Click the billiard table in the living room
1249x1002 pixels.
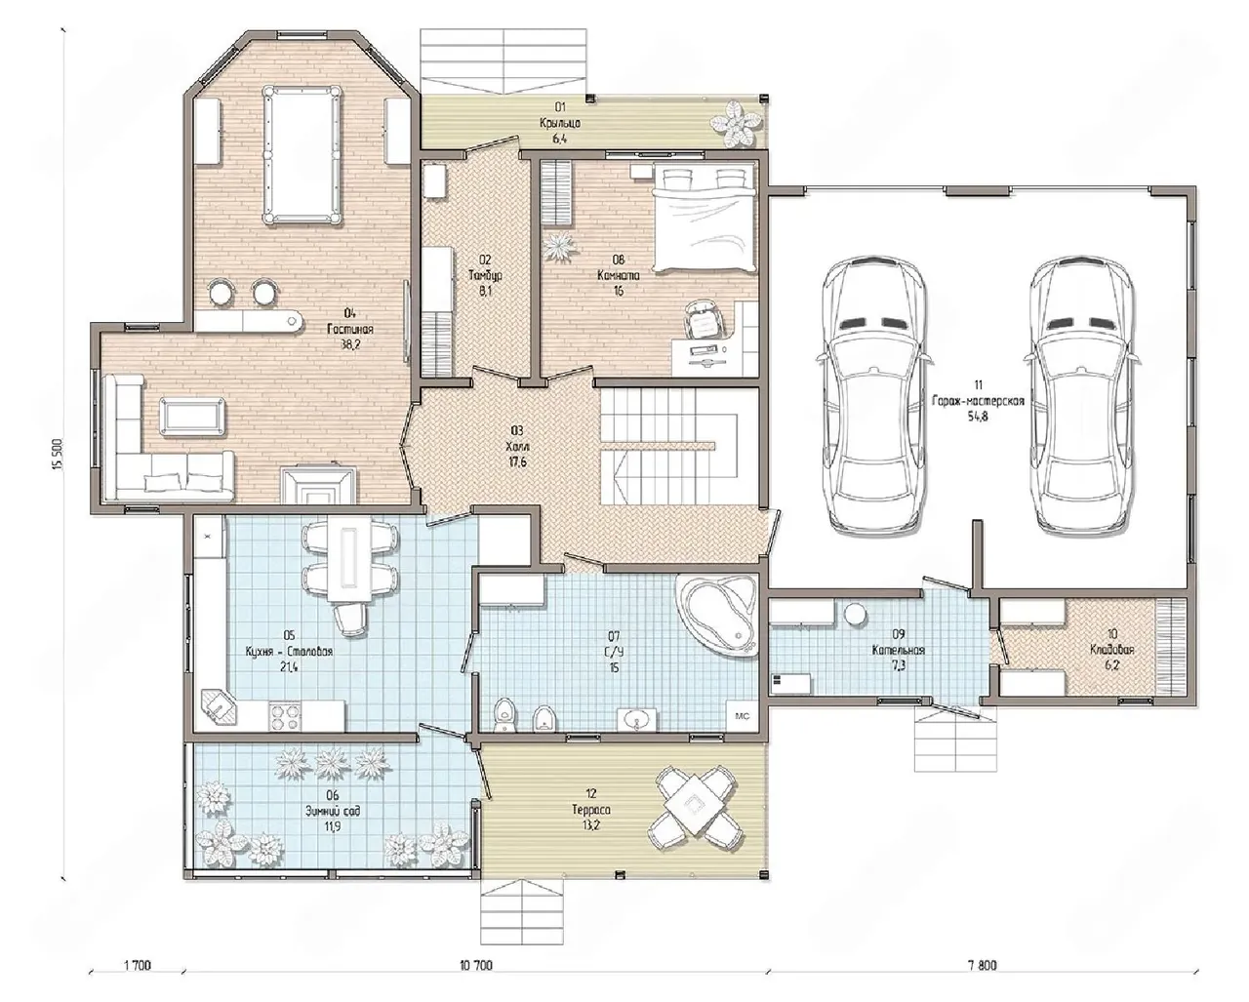[302, 155]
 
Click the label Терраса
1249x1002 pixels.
[591, 810]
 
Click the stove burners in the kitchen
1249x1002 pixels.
[284, 717]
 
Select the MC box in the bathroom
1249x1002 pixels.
[743, 716]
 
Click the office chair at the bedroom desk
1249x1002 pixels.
[705, 318]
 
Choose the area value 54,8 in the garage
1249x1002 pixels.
[978, 416]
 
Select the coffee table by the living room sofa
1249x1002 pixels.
[192, 415]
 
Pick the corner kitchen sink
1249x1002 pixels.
[218, 708]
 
